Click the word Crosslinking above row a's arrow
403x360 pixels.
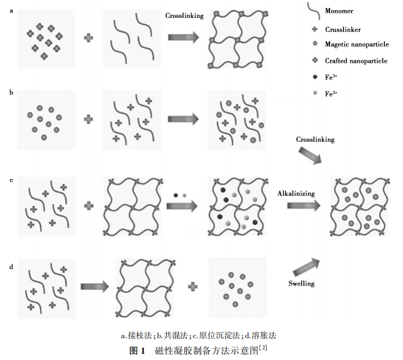pos(184,17)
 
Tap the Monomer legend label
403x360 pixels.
pos(341,11)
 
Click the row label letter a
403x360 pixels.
pos(12,10)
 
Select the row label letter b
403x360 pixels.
pos(12,91)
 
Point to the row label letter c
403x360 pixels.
pos(12,180)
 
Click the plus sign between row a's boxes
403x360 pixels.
pos(89,38)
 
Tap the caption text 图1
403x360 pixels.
pos(137,350)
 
